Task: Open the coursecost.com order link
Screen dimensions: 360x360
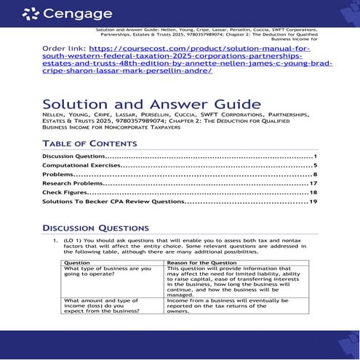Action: coord(187,62)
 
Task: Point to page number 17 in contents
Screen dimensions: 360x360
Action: coord(313,183)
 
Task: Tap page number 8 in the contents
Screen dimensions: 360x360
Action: coord(315,175)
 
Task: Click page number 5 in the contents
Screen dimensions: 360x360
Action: coord(315,166)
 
